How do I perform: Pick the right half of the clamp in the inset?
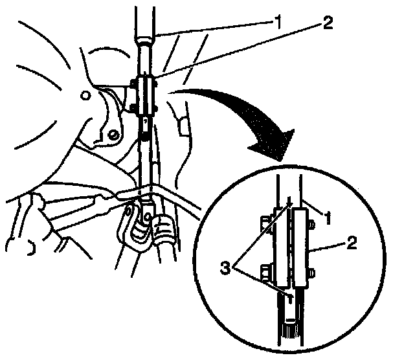[x=302, y=248]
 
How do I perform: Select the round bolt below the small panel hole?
[x=114, y=134]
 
